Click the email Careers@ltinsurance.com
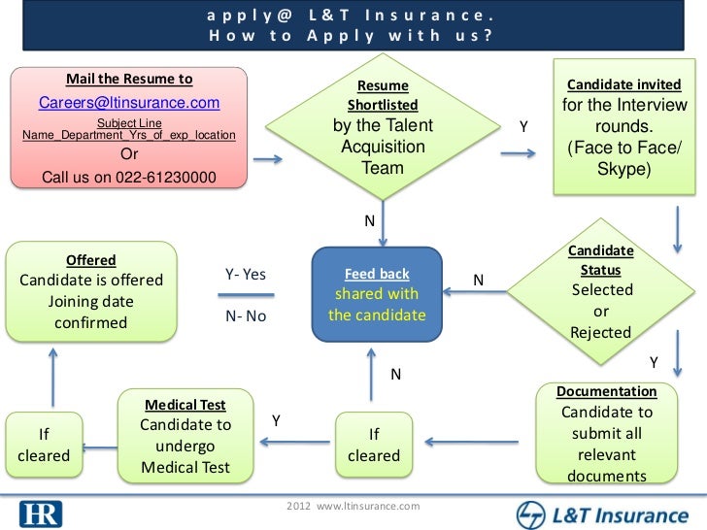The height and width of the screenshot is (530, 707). [x=129, y=104]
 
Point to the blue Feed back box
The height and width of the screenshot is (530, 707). [x=377, y=295]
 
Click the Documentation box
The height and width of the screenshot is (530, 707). [x=606, y=433]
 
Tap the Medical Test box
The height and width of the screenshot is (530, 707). [x=185, y=436]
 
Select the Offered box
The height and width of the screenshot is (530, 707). [x=91, y=291]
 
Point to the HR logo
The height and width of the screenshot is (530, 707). [x=40, y=512]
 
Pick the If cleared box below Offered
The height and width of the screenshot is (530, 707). [x=43, y=446]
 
